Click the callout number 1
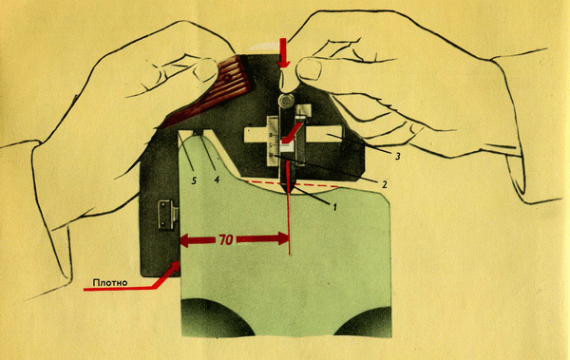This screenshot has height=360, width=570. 334,207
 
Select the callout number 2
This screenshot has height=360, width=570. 384,184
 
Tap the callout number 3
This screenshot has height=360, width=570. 397,157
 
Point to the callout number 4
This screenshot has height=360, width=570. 217,180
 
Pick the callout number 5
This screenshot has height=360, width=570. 194,180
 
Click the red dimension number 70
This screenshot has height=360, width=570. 226,240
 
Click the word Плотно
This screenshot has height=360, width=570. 110,282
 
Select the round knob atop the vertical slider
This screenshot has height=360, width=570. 287,100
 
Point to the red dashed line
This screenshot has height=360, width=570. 291,183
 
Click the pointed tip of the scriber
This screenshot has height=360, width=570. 288,194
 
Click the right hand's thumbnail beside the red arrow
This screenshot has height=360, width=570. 308,69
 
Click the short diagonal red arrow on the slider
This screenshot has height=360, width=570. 292,132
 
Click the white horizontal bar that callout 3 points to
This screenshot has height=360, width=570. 324,133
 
